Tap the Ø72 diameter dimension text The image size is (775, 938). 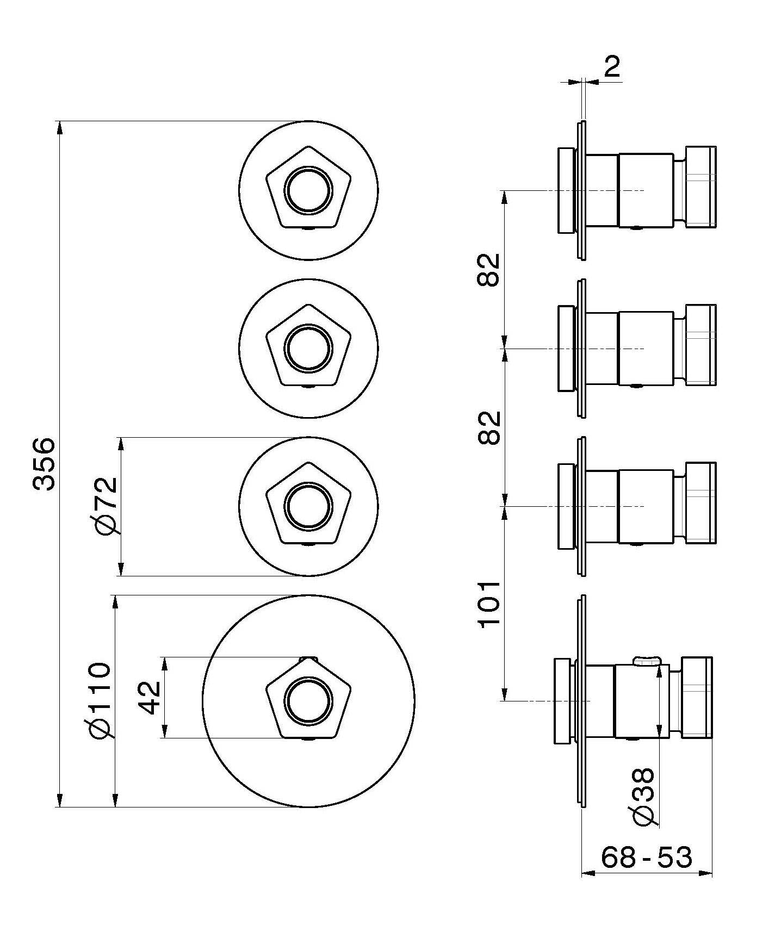[x=105, y=506]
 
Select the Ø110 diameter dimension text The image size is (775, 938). [x=101, y=701]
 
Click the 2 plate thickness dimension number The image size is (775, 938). [x=612, y=67]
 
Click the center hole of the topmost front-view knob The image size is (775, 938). [x=308, y=190]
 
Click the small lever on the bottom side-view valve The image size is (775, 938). [x=647, y=660]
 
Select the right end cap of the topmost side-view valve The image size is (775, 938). [x=700, y=186]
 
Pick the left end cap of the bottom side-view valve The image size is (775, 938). [x=562, y=701]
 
